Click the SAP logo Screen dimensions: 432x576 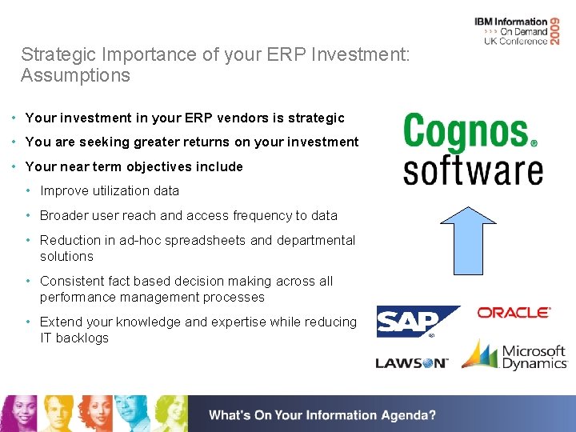[417, 322]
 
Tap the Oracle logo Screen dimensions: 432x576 [514, 312]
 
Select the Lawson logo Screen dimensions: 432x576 [412, 363]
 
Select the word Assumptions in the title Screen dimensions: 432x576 [75, 76]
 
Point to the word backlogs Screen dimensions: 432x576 [82, 338]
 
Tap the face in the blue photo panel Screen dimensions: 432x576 [128, 410]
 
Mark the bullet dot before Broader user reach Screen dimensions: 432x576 [28, 215]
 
